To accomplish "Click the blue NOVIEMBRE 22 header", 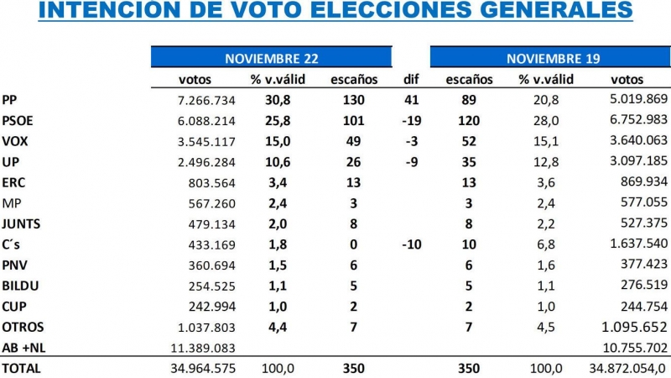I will pos(272,58).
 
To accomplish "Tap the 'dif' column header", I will pos(411,80).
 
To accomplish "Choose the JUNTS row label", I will pos(21,223).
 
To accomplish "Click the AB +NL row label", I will pos(24,347).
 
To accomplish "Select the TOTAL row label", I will pos(21,368).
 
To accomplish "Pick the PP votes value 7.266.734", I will pos(200,101).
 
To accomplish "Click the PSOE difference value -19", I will pos(411,121).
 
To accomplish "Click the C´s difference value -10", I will pos(411,244).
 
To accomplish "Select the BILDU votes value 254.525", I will pos(204,286).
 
